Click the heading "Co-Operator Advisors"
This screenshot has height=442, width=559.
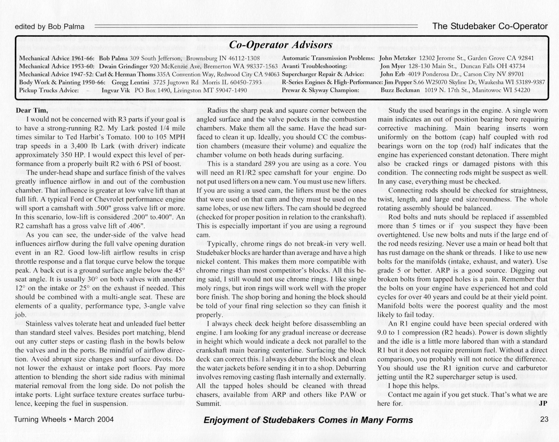pyautogui.click(x=281, y=45)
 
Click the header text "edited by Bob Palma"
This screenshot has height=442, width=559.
pyautogui.click(x=50, y=27)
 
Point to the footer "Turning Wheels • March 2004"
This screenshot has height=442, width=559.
pyautogui.click(x=64, y=419)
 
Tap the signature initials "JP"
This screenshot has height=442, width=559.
pyautogui.click(x=543, y=403)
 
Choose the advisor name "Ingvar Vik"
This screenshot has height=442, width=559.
pyautogui.click(x=116, y=90)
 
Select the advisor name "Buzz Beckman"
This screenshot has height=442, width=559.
pyautogui.click(x=400, y=90)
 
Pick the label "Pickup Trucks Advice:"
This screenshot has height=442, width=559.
pyautogui.click(x=49, y=90)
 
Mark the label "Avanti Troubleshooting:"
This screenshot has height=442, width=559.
pyautogui.click(x=314, y=66)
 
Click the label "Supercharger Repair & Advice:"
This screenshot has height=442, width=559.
pyautogui.click(x=323, y=74)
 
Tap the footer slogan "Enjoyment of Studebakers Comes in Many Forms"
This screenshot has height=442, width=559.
pyautogui.click(x=308, y=420)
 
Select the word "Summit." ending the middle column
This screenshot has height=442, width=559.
pyautogui.click(x=209, y=404)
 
